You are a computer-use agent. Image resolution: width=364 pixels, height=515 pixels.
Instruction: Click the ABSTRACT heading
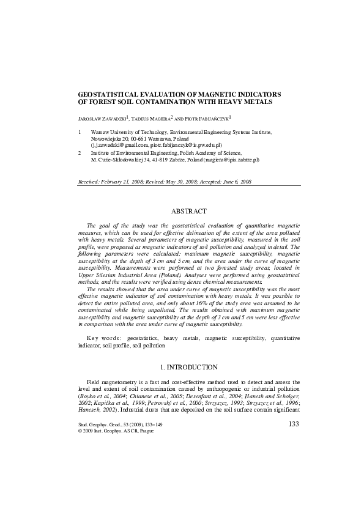(189, 211)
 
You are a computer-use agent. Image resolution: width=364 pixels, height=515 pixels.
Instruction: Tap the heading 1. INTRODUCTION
(189, 367)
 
